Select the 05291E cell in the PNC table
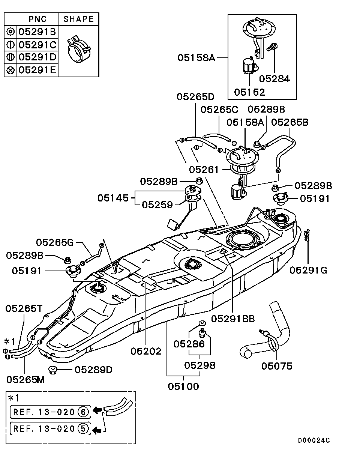tap(37, 70)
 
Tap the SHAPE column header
tap(79, 19)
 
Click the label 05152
tap(249, 92)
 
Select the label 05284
tap(274, 79)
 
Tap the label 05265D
tap(195, 97)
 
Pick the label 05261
tap(204, 170)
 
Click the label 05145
tap(113, 198)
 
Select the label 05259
tap(157, 205)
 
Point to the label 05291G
tap(308, 270)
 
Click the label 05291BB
tap(233, 319)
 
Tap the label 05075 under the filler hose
tap(277, 366)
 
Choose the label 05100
tap(183, 386)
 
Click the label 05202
tap(146, 351)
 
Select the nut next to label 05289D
tap(53, 370)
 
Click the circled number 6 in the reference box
tap(83, 412)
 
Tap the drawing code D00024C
tap(314, 440)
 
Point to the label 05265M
tap(25, 379)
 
